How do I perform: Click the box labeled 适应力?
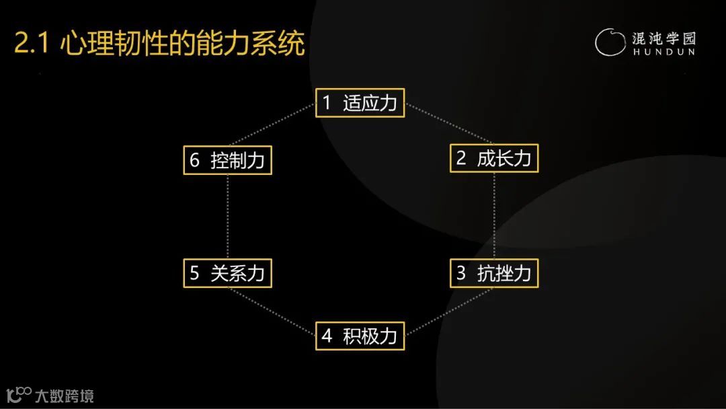pos(360,103)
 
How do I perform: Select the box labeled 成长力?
pos(494,159)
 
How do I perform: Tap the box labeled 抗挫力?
pos(494,273)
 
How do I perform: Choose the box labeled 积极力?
pos(360,336)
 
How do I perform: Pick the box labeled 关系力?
pos(227,273)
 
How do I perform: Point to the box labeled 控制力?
pos(227,160)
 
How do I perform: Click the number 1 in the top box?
pos(327,103)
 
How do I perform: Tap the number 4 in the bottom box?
pos(327,336)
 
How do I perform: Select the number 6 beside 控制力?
pos(195,160)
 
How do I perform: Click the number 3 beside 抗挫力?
pos(461,273)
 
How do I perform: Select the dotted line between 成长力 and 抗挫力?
pos(495,215)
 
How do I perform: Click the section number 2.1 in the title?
pos(32,44)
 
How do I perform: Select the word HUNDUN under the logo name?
pos(663,51)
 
